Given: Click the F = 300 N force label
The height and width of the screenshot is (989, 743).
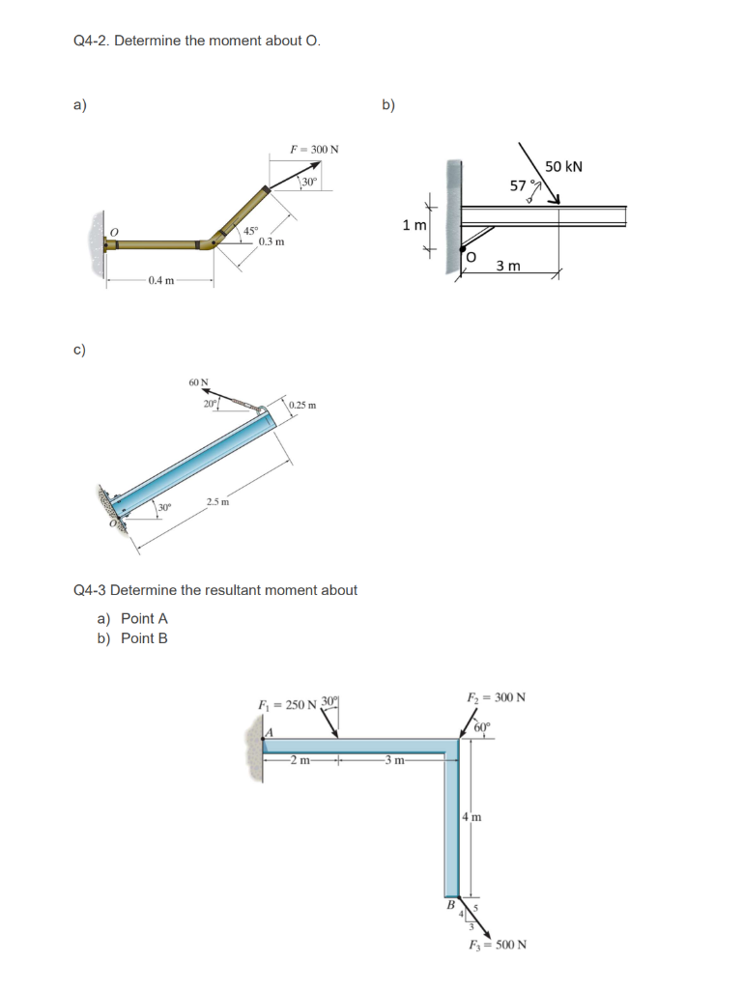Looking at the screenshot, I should [x=314, y=150].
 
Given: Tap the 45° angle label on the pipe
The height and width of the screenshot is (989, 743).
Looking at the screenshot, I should [x=250, y=231].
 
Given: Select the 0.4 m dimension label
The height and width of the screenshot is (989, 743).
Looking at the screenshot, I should [x=161, y=281].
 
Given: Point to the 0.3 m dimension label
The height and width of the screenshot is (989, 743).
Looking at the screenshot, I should [x=272, y=241].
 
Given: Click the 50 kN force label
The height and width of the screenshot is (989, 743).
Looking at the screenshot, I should [x=563, y=166].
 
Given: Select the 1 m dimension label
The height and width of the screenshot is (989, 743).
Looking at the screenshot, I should [x=414, y=225].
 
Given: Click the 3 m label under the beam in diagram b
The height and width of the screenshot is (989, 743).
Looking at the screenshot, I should [x=508, y=266].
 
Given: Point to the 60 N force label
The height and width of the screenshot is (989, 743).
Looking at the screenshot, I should [x=199, y=382].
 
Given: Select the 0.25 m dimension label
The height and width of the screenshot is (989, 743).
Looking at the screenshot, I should [x=302, y=404].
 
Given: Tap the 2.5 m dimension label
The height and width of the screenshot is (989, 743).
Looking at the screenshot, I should [x=216, y=502].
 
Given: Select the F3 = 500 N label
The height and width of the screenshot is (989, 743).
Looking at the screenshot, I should [x=497, y=944].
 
